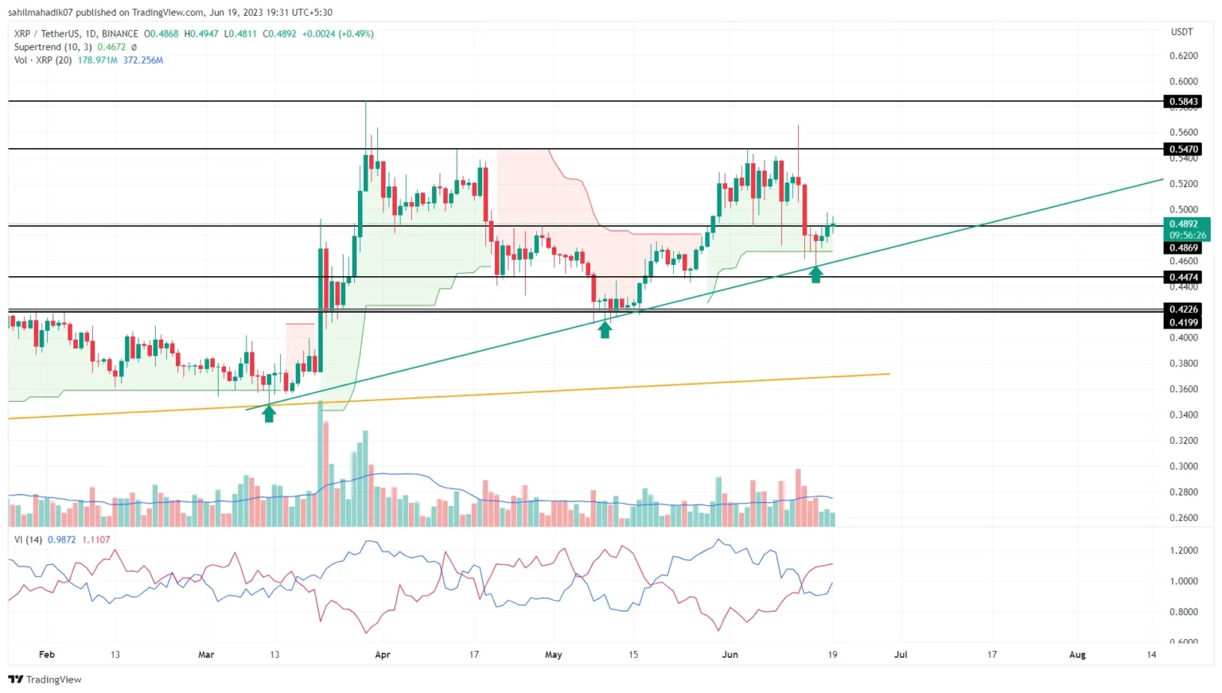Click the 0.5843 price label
tap(1183, 101)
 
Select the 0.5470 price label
tap(1183, 149)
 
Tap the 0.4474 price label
tap(1183, 277)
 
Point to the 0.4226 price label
tap(1183, 309)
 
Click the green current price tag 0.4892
tap(1183, 224)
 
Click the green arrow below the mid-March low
tap(269, 414)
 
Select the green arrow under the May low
tap(605, 329)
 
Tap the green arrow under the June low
tap(815, 274)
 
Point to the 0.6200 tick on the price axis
tap(1183, 56)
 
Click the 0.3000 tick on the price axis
tap(1183, 466)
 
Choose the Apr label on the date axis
tap(383, 655)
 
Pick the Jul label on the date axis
tap(901, 655)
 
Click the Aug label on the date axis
tap(1077, 655)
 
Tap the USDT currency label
tap(1181, 32)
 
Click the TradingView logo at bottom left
tap(45, 679)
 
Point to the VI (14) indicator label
tap(29, 539)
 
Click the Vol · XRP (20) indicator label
tap(43, 60)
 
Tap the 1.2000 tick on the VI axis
tap(1183, 551)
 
